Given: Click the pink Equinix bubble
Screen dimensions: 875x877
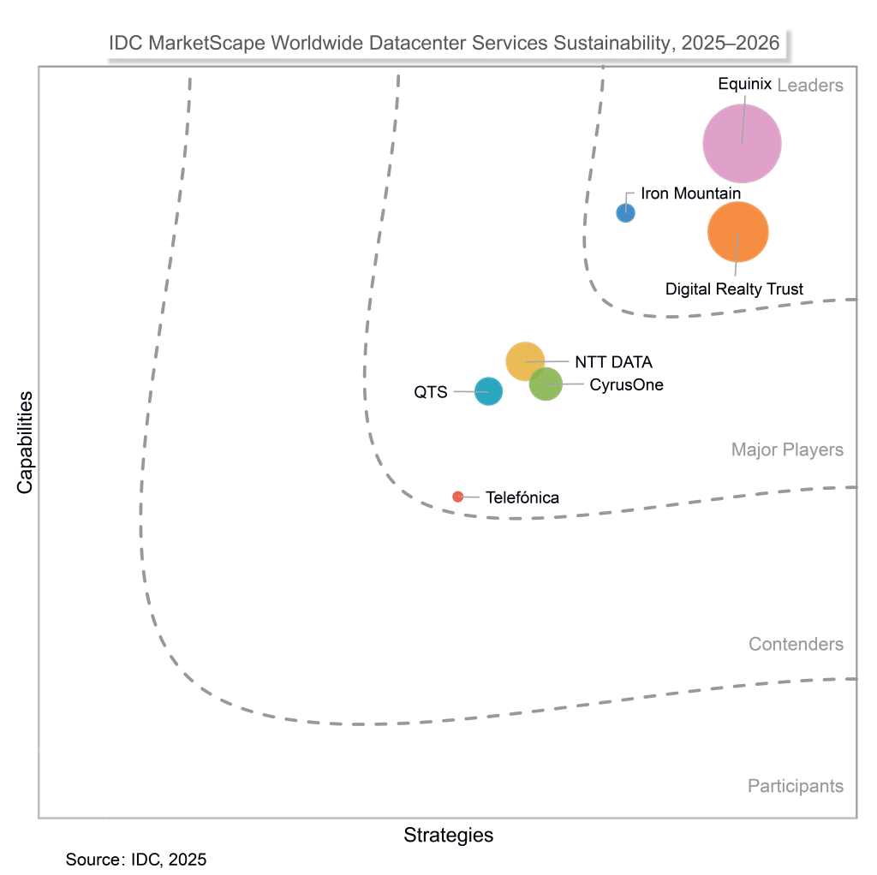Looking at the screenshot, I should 742,144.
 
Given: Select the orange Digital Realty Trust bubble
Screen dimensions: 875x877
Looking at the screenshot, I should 737,231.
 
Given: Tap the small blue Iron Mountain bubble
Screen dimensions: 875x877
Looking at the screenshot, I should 626,212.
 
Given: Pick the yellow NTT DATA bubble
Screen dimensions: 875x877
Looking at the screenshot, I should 525,361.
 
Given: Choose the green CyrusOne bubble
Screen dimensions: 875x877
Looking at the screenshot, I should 546,384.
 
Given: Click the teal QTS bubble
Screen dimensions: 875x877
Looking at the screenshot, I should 488,391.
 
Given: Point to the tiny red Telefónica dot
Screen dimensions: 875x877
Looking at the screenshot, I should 458,497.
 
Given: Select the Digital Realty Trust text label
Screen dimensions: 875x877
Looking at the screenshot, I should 734,289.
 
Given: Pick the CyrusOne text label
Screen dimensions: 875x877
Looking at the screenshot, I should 626,385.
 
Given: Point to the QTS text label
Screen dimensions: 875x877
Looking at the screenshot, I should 431,392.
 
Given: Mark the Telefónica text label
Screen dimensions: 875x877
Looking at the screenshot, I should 522,497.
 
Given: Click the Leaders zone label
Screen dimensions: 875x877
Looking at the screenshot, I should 809,86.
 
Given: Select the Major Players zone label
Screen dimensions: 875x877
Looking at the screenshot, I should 787,450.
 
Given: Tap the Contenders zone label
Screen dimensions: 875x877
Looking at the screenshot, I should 796,645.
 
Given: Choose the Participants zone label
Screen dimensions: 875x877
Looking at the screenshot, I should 795,786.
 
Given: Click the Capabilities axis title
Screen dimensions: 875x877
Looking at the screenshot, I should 25,443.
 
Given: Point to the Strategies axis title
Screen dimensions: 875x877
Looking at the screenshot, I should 448,836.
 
